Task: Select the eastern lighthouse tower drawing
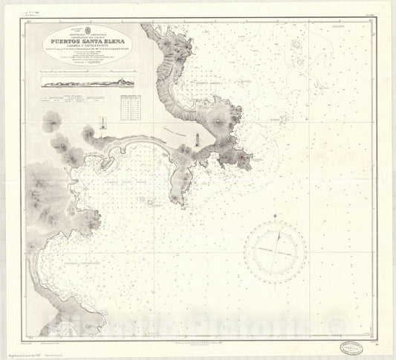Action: click(x=197, y=139)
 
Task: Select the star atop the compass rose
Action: click(x=275, y=216)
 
